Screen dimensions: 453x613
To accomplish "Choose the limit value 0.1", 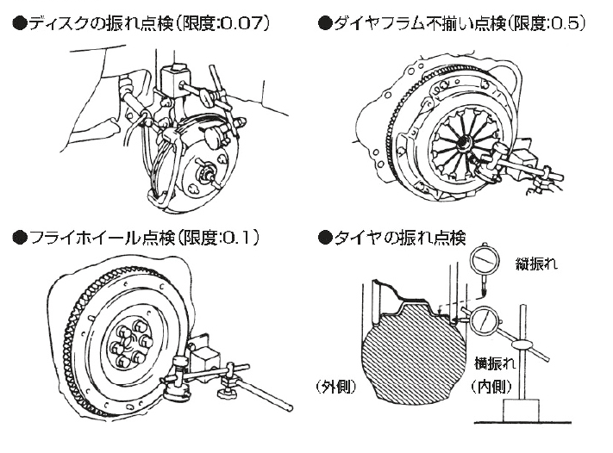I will [x=241, y=236].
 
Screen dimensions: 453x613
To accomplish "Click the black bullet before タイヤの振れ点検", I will [x=325, y=237].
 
